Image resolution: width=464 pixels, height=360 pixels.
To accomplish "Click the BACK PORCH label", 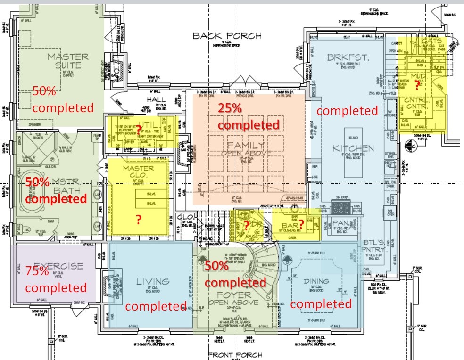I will [227, 36].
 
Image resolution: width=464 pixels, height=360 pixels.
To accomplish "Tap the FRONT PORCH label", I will [232, 355].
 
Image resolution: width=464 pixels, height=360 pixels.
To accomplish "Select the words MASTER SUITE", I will [67, 61].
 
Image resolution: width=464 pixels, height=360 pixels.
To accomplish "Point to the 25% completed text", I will [249, 116].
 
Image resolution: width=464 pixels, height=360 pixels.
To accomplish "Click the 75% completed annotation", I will [56, 279].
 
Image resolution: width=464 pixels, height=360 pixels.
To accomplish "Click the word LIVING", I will [152, 282].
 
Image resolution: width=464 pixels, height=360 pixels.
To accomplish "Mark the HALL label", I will [156, 100].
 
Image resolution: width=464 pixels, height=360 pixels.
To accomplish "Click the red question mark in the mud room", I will [416, 85].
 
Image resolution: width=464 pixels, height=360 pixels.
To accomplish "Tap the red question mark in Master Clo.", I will [138, 220].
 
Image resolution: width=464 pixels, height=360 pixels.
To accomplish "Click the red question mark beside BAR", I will [301, 225].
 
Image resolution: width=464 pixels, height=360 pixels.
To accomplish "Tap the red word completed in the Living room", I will [156, 306].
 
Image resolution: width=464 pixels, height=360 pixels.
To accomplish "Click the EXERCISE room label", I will [58, 266].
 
